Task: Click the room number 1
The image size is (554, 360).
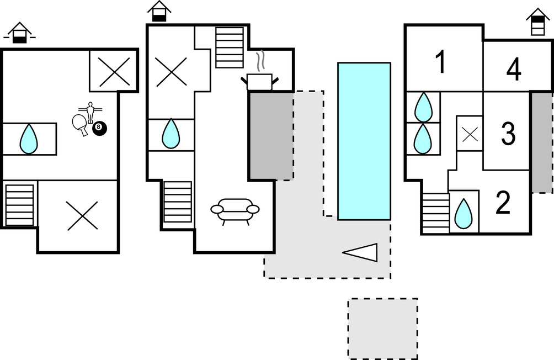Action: pyautogui.click(x=440, y=63)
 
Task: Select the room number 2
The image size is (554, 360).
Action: pyautogui.click(x=503, y=204)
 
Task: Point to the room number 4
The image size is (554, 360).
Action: pyautogui.click(x=514, y=70)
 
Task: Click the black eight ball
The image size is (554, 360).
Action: pyautogui.click(x=99, y=128)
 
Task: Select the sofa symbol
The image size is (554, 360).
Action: pyautogui.click(x=235, y=210)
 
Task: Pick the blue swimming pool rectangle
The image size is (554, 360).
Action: pyautogui.click(x=364, y=141)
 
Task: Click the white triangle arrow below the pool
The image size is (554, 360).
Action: pyautogui.click(x=361, y=252)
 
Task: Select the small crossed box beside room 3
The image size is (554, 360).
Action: pyautogui.click(x=470, y=134)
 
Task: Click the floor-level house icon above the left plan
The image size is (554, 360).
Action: pyautogui.click(x=19, y=33)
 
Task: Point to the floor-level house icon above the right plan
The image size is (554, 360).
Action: pyautogui.click(x=537, y=22)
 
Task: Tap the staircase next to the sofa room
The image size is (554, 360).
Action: pyautogui.click(x=178, y=202)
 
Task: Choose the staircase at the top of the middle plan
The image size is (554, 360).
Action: pyautogui.click(x=229, y=47)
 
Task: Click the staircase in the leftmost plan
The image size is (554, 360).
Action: pyautogui.click(x=19, y=205)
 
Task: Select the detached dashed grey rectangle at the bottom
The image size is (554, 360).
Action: pyautogui.click(x=382, y=329)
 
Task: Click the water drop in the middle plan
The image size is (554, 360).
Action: pyautogui.click(x=171, y=134)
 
